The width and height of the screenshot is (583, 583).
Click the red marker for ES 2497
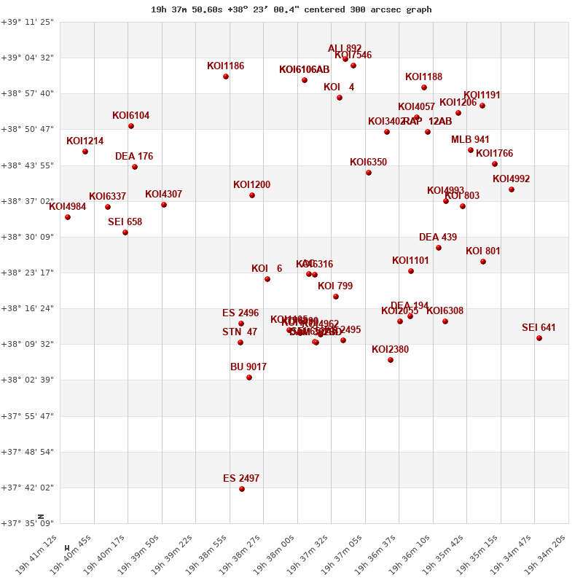coord(242,489)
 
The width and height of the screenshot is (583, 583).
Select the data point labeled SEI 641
coord(539,338)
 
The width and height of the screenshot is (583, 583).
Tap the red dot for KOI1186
coord(226,77)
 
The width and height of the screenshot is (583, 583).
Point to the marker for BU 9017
coord(249,377)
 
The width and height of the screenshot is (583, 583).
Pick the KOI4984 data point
coord(68,217)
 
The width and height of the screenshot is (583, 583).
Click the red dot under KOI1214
coord(85,152)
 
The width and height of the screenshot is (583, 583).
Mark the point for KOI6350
coord(369,173)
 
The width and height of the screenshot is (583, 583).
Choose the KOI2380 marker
coord(391,360)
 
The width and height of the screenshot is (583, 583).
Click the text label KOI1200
coord(251,185)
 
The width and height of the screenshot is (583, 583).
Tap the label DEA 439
coord(438,238)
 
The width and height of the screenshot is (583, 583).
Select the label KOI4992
coord(511,179)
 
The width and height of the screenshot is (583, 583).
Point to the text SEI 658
coord(125,222)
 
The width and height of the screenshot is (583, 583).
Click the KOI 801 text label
coord(483,251)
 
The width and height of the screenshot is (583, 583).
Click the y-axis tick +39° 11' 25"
coord(28,22)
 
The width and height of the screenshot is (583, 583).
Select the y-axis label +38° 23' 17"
coord(28,273)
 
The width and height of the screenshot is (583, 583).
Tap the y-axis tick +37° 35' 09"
coord(28,523)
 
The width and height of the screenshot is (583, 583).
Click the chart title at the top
coord(291,9)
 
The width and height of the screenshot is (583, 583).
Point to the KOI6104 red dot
coord(131,126)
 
